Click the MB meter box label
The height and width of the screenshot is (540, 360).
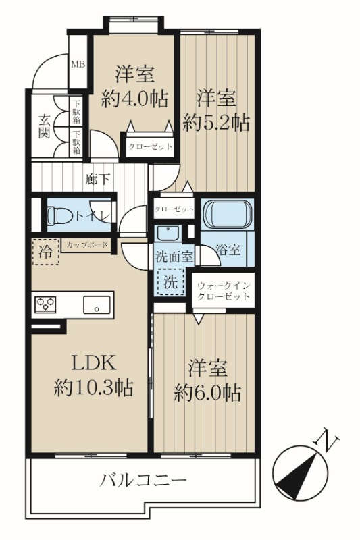point(78,64)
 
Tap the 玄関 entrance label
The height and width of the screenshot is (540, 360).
point(44,126)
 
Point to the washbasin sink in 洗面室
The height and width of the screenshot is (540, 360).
point(168,233)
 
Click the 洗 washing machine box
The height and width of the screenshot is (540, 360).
point(170,282)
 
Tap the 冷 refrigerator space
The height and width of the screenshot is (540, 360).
point(45,252)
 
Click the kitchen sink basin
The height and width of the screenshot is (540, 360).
point(97,305)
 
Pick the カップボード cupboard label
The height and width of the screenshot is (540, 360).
point(87,245)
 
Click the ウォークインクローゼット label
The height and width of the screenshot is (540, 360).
point(223,291)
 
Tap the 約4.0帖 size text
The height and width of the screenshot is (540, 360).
point(134,99)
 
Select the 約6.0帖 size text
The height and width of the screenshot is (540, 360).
point(207,393)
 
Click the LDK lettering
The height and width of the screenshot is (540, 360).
point(93,363)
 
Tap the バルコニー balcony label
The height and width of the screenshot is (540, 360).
point(143,480)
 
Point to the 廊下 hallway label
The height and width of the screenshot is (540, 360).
point(98,179)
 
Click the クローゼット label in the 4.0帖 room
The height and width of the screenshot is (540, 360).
point(150,146)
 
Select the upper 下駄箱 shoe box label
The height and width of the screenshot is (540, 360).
point(76,111)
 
